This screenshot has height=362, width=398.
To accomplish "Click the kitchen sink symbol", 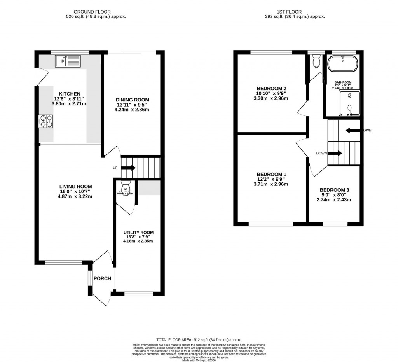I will pos(68,61).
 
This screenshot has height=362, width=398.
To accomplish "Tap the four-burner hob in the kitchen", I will pos(46,121).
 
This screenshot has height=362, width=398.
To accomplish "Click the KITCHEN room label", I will pos(70,94).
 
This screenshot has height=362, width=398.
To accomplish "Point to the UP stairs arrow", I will pos(129,168).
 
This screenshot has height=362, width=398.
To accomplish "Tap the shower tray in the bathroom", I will pos(349,103).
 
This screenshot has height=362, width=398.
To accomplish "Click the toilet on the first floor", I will pos(316,61).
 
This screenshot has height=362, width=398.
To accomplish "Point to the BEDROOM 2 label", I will pos(272,87).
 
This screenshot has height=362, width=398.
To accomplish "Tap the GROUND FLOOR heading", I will pos(96,12).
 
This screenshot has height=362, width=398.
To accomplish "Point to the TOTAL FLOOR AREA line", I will pos(199,339).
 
